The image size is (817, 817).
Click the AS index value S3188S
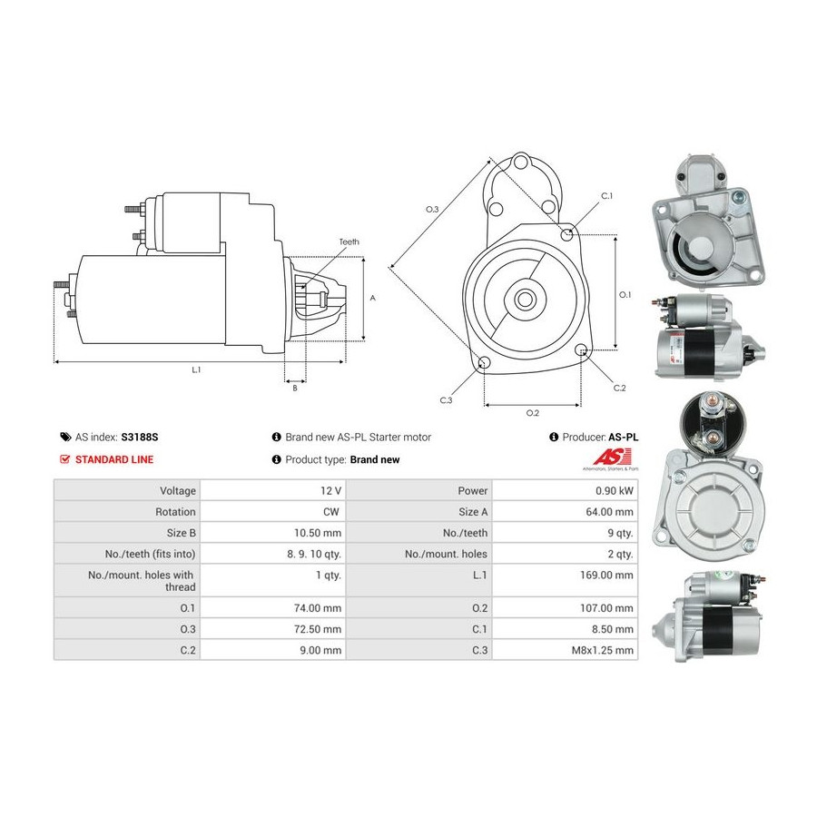coord(140,438)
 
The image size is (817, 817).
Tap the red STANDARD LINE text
coord(114,459)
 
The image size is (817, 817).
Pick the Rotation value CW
coord(330,512)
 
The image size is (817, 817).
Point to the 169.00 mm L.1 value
coord(606,575)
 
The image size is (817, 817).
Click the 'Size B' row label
coord(181,533)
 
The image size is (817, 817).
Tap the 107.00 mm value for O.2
coord(606,608)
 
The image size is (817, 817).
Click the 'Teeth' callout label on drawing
coord(349,241)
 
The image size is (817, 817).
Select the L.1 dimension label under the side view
coord(196,370)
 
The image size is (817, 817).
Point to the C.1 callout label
coord(607,196)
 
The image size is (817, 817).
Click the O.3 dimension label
coord(432,210)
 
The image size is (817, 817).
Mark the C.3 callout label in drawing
coord(446,400)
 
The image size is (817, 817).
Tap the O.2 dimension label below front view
coord(533,413)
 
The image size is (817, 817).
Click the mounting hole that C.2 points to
coord(582,350)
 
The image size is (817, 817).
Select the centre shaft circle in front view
coord(524,300)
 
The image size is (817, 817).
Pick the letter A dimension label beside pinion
coord(372,298)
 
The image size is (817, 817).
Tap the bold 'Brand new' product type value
coord(375,459)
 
